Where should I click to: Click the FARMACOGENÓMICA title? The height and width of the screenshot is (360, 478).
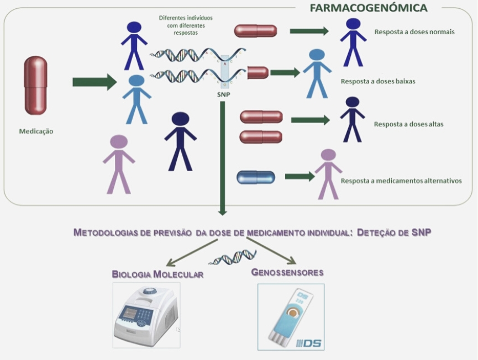click(369, 8)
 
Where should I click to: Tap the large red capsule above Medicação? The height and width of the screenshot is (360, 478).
click(35, 85)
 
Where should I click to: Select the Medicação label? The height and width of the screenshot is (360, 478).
click(36, 131)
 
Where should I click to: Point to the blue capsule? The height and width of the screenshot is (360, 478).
click(256, 177)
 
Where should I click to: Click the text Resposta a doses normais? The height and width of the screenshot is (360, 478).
click(414, 31)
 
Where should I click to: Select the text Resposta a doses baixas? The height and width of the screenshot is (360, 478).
click(378, 81)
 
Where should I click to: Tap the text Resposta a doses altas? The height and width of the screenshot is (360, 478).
click(408, 124)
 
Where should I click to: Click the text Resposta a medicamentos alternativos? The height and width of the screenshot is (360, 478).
click(401, 181)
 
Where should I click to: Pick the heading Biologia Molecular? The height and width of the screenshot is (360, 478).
click(157, 274)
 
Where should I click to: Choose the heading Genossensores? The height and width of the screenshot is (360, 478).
click(287, 272)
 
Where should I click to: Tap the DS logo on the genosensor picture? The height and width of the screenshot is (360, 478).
click(309, 342)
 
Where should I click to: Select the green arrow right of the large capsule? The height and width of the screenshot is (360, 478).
click(94, 82)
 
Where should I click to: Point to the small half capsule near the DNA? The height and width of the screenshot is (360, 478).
click(258, 72)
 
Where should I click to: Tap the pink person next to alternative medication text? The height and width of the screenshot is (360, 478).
click(328, 173)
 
